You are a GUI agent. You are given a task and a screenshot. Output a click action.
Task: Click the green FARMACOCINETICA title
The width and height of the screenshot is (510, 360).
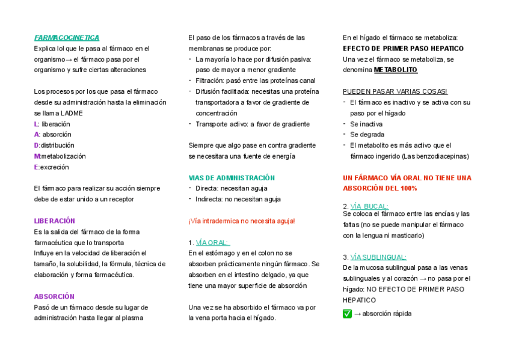(x=67, y=38)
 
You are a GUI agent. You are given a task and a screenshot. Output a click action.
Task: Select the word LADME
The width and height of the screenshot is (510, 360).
(x=72, y=113)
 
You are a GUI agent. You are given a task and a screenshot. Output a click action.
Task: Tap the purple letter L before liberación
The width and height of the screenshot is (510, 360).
(x=36, y=124)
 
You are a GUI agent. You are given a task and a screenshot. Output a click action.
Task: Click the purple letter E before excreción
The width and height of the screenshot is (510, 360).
(x=36, y=167)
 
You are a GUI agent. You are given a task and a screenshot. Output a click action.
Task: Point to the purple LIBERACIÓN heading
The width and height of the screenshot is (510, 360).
(x=54, y=221)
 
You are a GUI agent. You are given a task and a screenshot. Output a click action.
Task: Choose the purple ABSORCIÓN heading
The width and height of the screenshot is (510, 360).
(x=54, y=296)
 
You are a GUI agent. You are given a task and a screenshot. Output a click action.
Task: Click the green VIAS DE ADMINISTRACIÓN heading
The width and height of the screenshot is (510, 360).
(x=232, y=178)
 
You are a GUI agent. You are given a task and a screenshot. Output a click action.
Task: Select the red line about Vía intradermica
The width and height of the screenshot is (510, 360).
(x=241, y=221)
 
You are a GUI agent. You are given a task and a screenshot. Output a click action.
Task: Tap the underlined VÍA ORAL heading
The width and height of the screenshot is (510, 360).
(x=212, y=243)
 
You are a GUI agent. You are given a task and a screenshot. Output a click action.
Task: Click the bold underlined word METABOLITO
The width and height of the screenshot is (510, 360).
(x=395, y=70)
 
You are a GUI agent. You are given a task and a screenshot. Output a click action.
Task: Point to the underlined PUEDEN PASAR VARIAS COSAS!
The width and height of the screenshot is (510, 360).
(x=395, y=91)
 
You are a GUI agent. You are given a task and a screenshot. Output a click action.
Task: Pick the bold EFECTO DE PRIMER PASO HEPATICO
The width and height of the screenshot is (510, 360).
(x=403, y=49)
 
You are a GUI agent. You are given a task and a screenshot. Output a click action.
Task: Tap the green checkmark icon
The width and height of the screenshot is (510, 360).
(x=347, y=314)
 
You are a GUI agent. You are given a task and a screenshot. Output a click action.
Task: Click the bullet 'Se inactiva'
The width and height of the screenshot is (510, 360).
(x=366, y=124)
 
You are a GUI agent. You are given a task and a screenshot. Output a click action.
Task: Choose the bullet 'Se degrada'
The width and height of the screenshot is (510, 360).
(x=367, y=135)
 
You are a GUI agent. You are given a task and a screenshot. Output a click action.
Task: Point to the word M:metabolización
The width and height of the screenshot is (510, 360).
(x=60, y=156)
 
